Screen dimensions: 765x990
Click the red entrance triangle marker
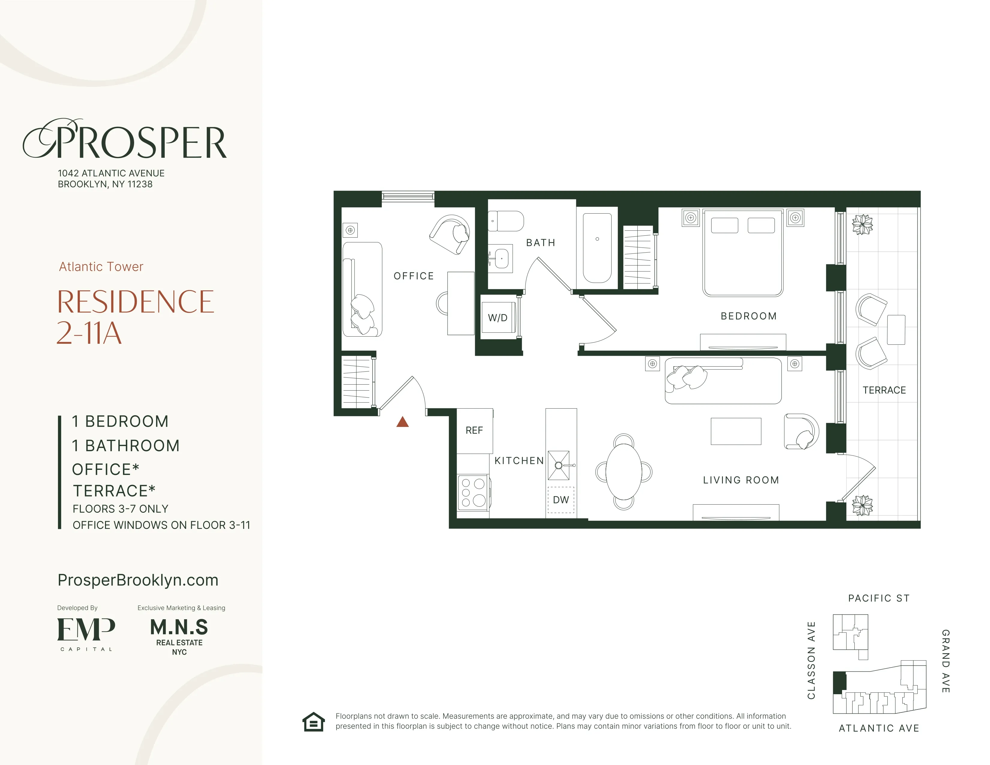pos(402,422)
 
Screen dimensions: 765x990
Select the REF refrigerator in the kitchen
pos(474,430)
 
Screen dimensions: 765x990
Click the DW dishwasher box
pos(561,500)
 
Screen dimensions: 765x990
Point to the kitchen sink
pos(558,465)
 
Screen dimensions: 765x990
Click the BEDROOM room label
pos(748,316)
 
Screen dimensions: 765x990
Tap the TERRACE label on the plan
pos(884,390)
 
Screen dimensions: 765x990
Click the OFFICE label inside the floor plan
pos(414,276)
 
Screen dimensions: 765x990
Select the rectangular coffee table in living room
pos(736,431)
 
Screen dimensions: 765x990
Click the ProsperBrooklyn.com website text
pos(138,580)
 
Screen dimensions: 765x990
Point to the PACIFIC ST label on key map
pos(878,598)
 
